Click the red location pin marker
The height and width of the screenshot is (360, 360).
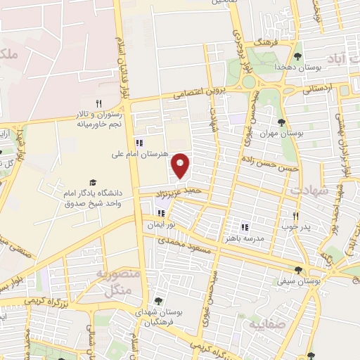181,166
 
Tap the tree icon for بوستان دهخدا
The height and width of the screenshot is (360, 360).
299,56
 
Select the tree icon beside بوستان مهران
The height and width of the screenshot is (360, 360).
281,122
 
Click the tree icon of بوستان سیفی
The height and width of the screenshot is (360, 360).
299,269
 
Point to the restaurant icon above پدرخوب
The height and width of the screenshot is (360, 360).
295,216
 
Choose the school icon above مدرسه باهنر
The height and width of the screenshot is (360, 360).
245,227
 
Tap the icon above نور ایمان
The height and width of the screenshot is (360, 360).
161,213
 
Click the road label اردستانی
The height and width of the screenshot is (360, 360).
317,89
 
